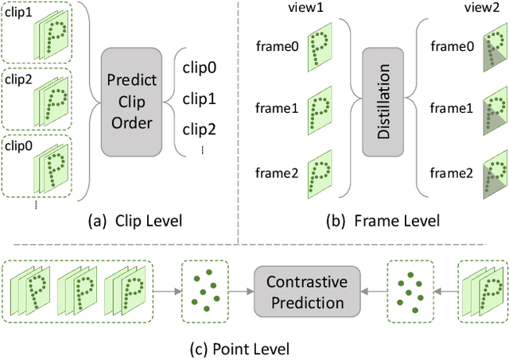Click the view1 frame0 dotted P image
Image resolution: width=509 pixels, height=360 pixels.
click(x=321, y=46)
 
